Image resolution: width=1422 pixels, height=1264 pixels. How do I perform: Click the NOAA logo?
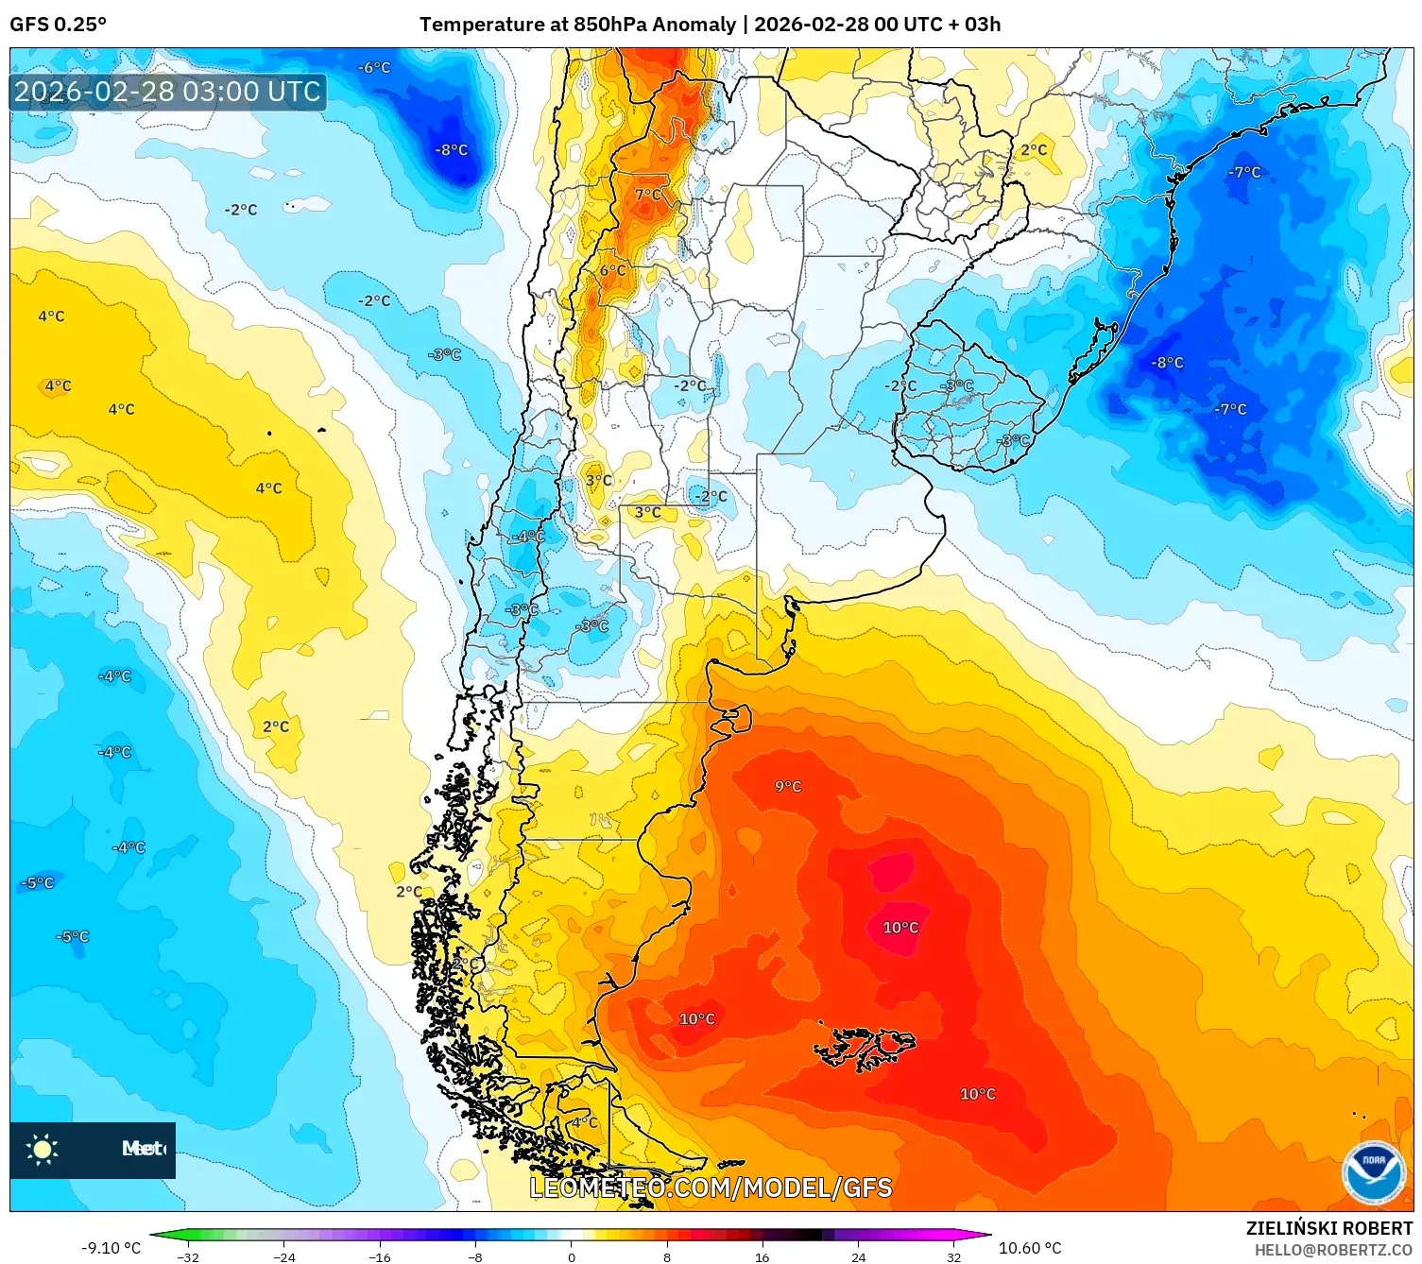pyautogui.click(x=1373, y=1173)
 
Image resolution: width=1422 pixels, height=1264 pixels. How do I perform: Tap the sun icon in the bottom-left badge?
pyautogui.click(x=43, y=1149)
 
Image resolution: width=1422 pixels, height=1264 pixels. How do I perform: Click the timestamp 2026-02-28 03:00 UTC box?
pyautogui.click(x=168, y=93)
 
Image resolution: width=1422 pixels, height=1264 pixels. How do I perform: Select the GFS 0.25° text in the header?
pyautogui.click(x=58, y=25)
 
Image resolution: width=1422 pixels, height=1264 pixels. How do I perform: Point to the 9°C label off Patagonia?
pyautogui.click(x=788, y=786)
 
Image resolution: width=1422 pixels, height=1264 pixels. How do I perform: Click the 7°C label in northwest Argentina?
pyautogui.click(x=648, y=195)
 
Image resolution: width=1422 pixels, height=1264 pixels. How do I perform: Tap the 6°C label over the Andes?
pyautogui.click(x=612, y=270)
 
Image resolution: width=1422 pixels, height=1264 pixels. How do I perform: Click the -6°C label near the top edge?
pyautogui.click(x=374, y=68)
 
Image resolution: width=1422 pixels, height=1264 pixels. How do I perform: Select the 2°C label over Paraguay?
pyautogui.click(x=1034, y=149)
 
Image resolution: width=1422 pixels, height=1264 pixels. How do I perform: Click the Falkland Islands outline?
pyautogui.click(x=865, y=1047)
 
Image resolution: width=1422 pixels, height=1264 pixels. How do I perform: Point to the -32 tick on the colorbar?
pyautogui.click(x=188, y=1256)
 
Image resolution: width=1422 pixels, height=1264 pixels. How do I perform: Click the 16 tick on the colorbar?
pyautogui.click(x=762, y=1256)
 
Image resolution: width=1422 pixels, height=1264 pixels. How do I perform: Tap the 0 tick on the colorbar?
pyautogui.click(x=571, y=1256)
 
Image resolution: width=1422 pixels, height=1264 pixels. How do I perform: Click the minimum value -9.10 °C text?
pyautogui.click(x=111, y=1248)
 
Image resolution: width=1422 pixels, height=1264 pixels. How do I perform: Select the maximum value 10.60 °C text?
pyautogui.click(x=1030, y=1248)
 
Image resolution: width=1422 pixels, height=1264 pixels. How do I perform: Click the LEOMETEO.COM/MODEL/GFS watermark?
pyautogui.click(x=711, y=1187)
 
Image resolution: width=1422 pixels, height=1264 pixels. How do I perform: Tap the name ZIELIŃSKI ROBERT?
pyautogui.click(x=1329, y=1228)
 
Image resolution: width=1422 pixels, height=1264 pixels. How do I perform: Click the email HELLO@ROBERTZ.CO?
pyautogui.click(x=1333, y=1250)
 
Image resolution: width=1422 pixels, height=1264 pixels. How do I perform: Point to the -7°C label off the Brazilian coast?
pyautogui.click(x=1244, y=172)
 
